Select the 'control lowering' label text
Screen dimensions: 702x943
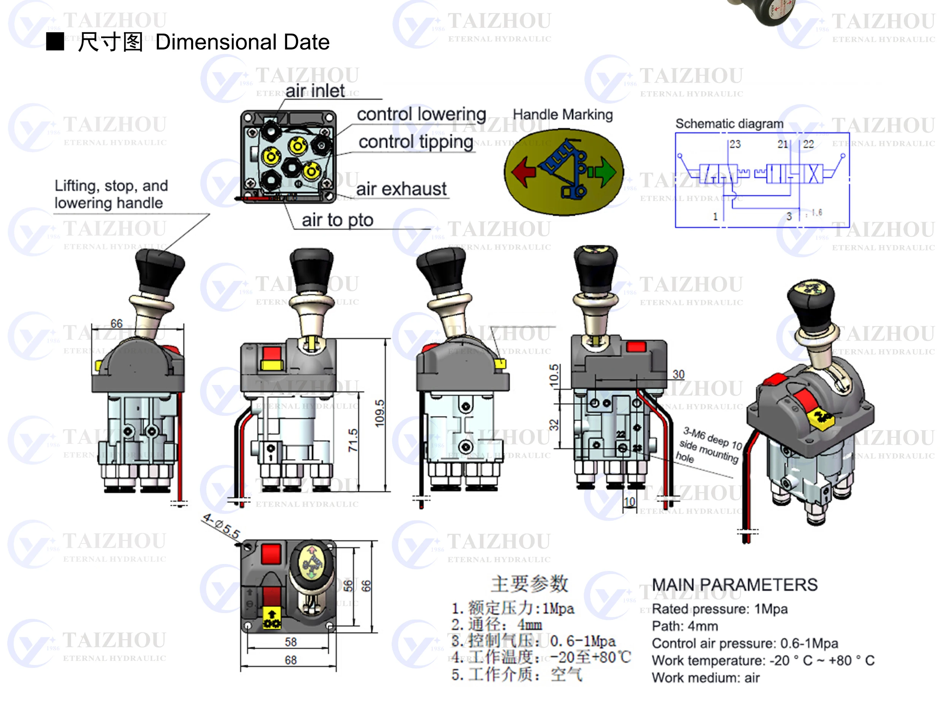tap(421, 114)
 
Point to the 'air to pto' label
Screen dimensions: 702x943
tap(337, 220)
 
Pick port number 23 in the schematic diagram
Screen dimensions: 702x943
tap(735, 144)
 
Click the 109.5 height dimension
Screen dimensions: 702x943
tap(379, 413)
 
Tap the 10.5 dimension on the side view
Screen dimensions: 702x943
tap(554, 375)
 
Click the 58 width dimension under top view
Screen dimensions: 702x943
tap(291, 642)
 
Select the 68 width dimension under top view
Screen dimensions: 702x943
tap(291, 660)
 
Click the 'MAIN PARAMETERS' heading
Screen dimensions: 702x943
tap(734, 585)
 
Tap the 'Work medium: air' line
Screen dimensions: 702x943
tap(705, 677)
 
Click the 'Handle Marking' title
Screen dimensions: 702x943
tap(562, 114)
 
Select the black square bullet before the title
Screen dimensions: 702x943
tap(55, 42)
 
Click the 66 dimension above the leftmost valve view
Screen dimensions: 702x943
tap(116, 323)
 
